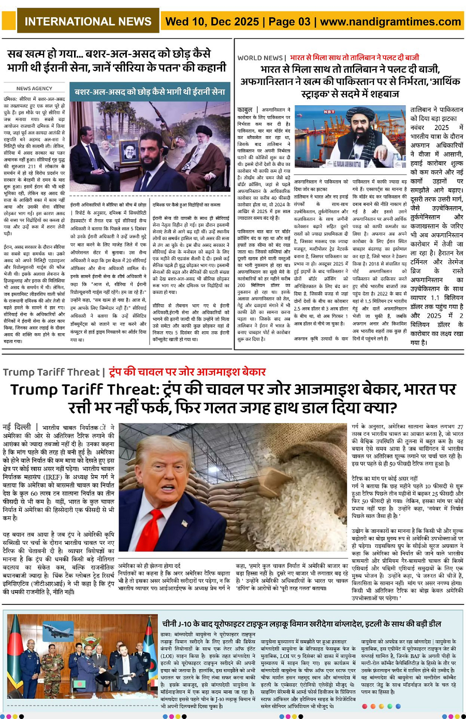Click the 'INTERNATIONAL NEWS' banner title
pyautogui.click(x=88, y=21)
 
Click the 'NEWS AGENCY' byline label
pyautogui.click(x=34, y=89)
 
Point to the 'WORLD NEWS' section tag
pyautogui.click(x=260, y=58)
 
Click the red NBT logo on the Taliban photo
pyautogui.click(x=329, y=111)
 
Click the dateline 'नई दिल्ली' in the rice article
pyautogui.click(x=17, y=427)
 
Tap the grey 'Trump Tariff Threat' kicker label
pyautogui.click(x=51, y=372)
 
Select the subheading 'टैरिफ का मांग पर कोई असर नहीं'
pyautogui.click(x=384, y=478)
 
